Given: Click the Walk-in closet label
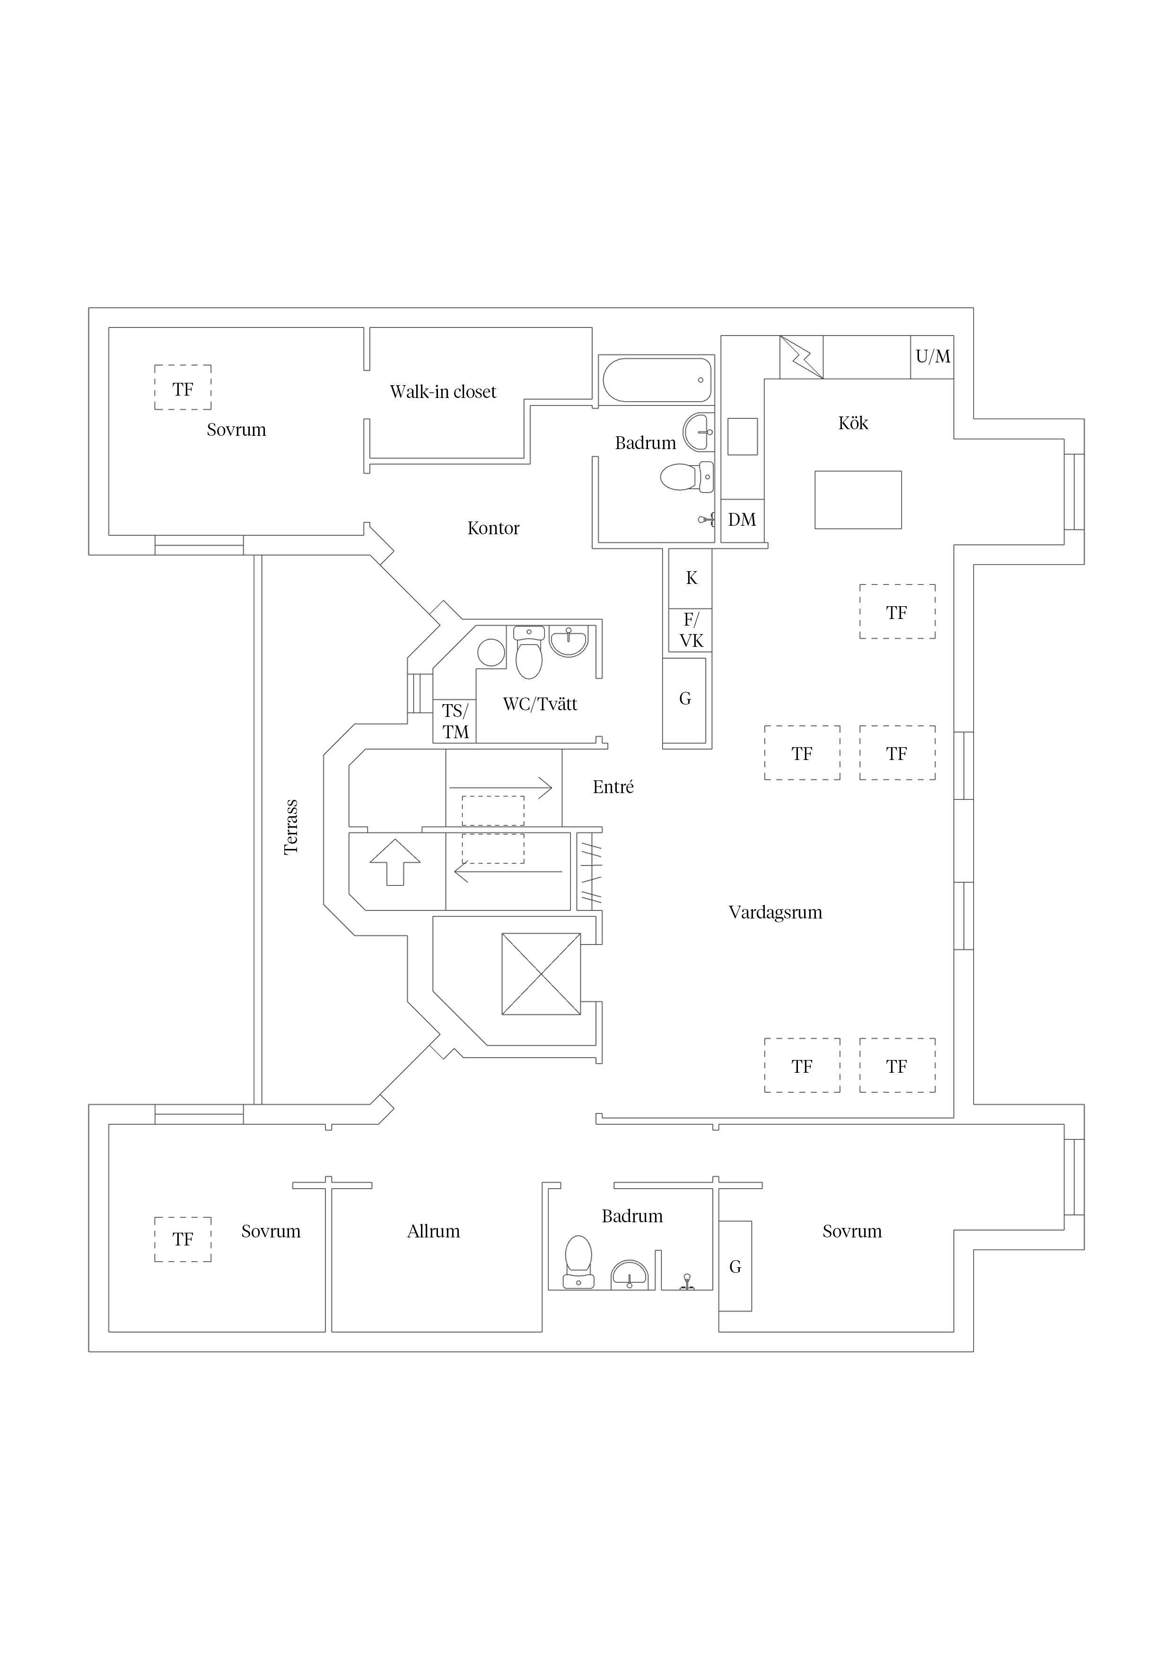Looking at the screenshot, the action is point(443,392).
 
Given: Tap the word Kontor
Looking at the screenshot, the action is point(494,529).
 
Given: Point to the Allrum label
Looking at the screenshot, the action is point(434,1231).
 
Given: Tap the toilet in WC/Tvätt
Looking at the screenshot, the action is point(530,653).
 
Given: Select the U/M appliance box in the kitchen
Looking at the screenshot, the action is point(932,356).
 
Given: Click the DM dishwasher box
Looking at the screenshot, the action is point(742,521).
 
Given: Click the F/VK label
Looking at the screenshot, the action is point(691,630).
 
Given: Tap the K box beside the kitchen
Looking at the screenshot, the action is point(691,578).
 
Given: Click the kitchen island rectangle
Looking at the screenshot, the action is point(858,500).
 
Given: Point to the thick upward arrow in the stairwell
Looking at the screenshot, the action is point(394,862).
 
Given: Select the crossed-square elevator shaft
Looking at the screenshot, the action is point(541,974).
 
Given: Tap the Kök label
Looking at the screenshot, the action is point(853,423).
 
